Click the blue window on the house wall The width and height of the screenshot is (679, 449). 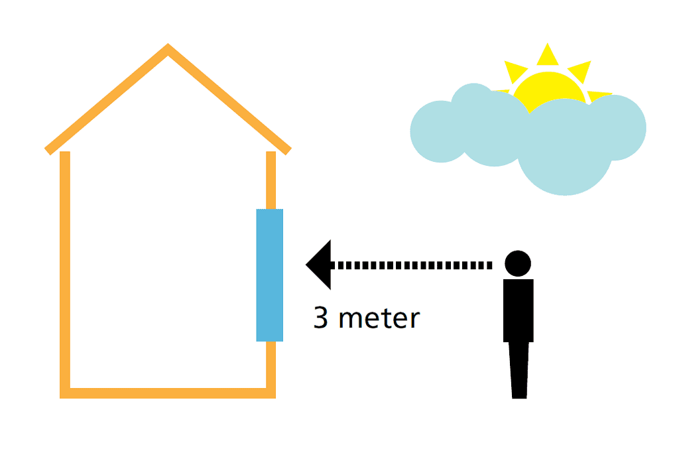270,275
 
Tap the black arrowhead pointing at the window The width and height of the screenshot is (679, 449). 320,265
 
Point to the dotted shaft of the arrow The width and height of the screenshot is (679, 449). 411,265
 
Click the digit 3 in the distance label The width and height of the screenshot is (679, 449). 321,318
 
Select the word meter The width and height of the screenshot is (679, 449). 379,319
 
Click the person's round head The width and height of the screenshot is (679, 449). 518,263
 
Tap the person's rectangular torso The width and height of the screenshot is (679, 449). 519,310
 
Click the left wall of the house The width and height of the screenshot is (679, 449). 65,272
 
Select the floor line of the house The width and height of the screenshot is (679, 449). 168,393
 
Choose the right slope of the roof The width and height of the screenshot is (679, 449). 229,99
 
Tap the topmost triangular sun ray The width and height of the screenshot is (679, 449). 547,56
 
